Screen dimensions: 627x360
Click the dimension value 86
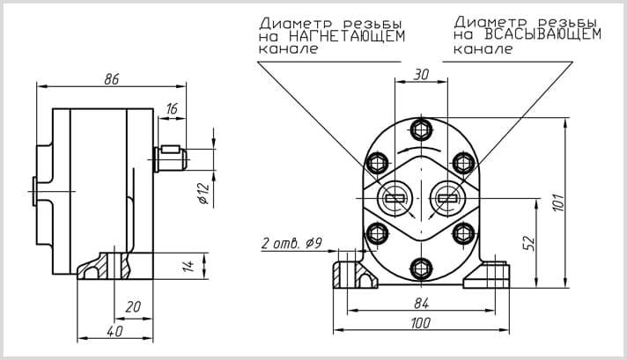[112, 79]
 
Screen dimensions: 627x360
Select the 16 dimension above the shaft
[172, 108]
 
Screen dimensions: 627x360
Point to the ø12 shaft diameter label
[204, 194]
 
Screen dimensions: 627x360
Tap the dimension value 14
[188, 266]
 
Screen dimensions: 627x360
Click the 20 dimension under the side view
[133, 307]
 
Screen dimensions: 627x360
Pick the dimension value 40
[114, 331]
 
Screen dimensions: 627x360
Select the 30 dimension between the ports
[421, 74]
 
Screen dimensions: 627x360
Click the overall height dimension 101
[560, 202]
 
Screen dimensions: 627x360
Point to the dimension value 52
[528, 243]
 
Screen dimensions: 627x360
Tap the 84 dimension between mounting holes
[422, 304]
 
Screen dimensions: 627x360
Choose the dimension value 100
[421, 323]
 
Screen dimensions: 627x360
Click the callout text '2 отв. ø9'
[291, 243]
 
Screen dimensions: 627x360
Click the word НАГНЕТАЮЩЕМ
[347, 36]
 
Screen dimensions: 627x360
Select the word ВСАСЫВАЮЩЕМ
[542, 34]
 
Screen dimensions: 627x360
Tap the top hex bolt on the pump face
[422, 129]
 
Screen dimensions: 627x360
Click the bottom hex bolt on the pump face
[422, 268]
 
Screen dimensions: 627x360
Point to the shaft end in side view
[171, 159]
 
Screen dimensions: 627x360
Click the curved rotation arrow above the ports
[419, 149]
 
